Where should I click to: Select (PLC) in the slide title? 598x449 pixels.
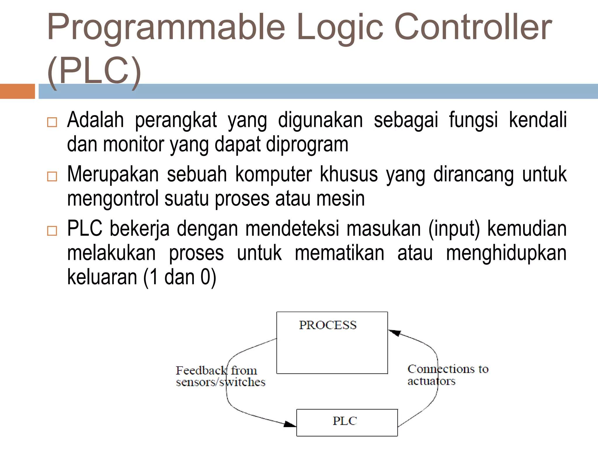click(x=94, y=72)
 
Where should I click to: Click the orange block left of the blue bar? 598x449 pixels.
click(x=17, y=91)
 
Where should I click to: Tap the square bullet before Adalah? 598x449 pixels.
click(x=52, y=122)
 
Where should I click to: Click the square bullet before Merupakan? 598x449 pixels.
click(x=52, y=176)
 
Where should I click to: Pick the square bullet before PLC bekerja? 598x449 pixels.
click(x=52, y=231)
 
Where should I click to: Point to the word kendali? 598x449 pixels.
click(x=538, y=120)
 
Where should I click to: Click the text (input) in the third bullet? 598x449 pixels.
click(x=454, y=229)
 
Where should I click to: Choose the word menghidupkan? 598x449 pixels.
click(x=506, y=253)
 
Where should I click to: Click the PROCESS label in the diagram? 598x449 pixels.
click(x=328, y=325)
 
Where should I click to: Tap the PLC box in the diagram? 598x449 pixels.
click(x=347, y=422)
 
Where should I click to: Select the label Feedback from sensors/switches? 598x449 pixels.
click(x=220, y=376)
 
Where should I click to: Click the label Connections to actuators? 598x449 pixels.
click(x=448, y=375)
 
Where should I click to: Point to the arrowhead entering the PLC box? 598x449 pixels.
click(x=290, y=424)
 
